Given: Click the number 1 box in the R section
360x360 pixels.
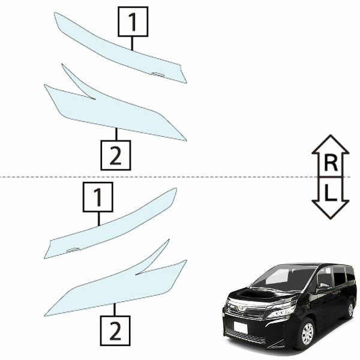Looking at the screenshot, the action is tap(133, 22).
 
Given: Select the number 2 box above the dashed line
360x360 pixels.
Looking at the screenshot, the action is tap(116, 155).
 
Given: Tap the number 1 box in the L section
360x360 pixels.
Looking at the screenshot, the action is tap(98, 197).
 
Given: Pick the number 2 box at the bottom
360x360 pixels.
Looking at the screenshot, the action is tap(115, 331).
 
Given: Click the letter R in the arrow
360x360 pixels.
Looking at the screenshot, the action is tap(331, 163).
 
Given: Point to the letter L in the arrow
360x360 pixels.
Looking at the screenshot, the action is tap(330, 193).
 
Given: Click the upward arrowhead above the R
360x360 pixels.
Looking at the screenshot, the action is tap(331, 144).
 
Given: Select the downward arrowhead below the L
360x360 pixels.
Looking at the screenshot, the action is tap(331, 209).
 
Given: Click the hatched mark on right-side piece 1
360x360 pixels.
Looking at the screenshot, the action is tap(157, 74).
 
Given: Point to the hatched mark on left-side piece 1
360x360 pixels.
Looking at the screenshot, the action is tap(73, 250).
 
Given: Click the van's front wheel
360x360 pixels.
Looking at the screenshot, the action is tap(307, 334).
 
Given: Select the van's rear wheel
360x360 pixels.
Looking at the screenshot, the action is tap(350, 310).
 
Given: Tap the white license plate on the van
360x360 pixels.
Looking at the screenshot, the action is tap(241, 328).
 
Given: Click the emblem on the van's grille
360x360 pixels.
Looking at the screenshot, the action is tap(241, 308).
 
